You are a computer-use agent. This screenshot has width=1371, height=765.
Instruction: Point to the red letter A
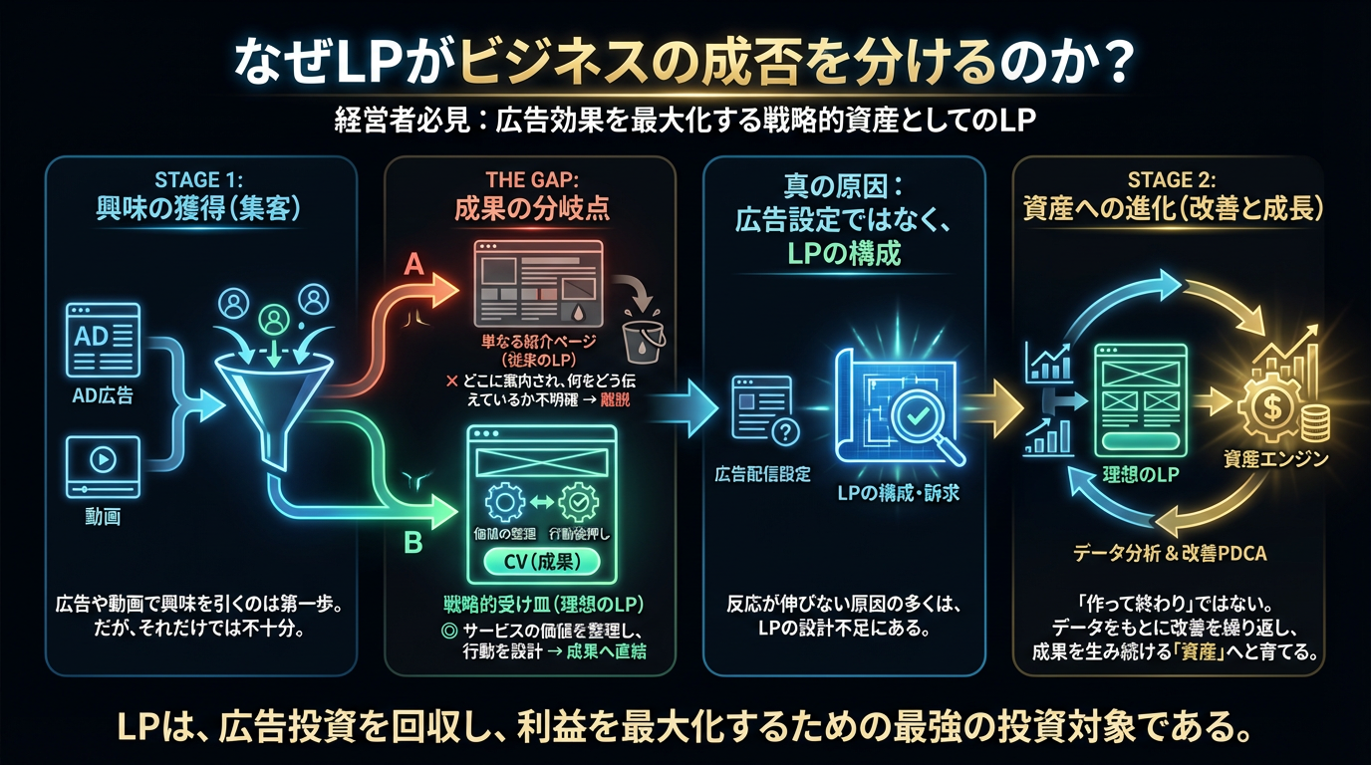pyautogui.click(x=415, y=265)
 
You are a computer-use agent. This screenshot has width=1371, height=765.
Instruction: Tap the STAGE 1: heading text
pyautogui.click(x=200, y=180)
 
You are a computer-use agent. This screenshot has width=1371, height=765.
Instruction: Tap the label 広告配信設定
pyautogui.click(x=762, y=473)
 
